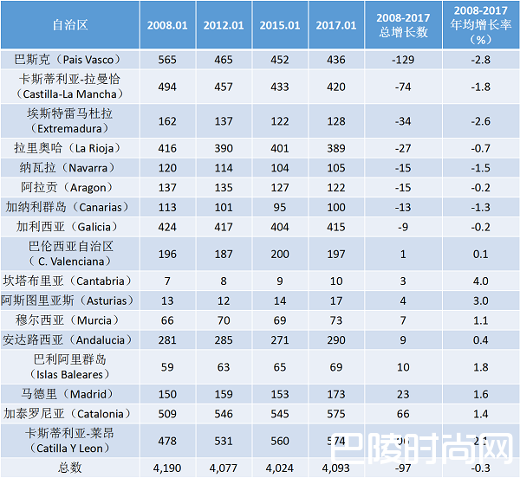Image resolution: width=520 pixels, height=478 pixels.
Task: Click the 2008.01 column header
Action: coord(166,25)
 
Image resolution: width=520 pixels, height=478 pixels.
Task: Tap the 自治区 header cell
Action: coord(69,25)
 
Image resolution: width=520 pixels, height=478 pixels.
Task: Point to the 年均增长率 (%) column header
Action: coord(480,25)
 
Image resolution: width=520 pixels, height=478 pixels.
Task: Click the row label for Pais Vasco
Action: coord(69,60)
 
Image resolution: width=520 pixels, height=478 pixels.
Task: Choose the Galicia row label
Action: coord(69,227)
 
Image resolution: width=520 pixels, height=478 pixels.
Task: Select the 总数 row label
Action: coord(69,468)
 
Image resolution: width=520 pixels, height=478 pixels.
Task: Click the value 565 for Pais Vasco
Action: coord(166,60)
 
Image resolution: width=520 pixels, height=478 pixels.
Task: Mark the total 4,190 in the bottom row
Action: coord(166,468)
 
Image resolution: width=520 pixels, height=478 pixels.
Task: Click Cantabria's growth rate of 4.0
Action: coord(480,281)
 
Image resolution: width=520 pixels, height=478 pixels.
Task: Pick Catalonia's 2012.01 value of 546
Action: coord(223,413)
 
